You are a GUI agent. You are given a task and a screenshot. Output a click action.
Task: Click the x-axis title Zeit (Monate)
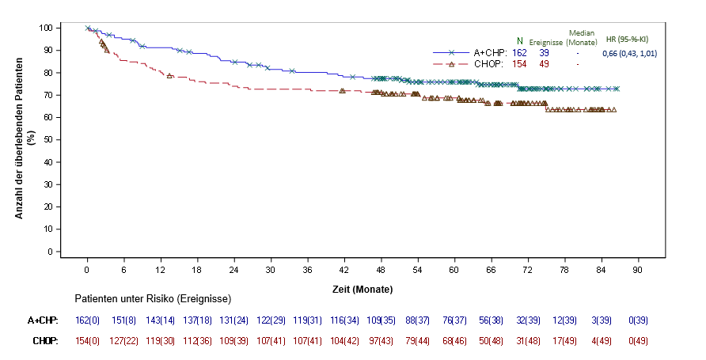coord(362,290)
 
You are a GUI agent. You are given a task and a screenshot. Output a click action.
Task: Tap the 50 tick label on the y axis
coord(48,139)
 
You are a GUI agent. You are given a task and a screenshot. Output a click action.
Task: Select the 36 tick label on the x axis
coord(307,270)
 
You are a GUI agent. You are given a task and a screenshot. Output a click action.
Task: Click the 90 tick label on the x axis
coord(637,270)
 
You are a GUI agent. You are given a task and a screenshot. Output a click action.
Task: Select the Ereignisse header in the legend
coord(545,41)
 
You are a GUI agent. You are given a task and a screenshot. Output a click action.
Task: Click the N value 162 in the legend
coord(519,53)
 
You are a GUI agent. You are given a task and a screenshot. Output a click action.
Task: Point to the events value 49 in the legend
coord(545,64)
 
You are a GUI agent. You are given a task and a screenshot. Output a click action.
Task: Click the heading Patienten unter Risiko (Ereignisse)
coord(153,300)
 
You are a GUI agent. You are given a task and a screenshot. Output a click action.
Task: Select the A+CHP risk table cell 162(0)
coord(87,320)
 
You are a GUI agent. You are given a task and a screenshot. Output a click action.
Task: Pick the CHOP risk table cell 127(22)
coord(123,340)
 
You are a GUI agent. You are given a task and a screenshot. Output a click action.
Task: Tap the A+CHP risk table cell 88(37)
coord(417,320)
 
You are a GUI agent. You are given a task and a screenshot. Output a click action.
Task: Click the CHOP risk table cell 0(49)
coord(637,340)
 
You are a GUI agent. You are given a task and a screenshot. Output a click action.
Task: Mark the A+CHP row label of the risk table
coord(43,320)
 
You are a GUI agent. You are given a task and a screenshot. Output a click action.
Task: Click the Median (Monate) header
coord(582,37)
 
